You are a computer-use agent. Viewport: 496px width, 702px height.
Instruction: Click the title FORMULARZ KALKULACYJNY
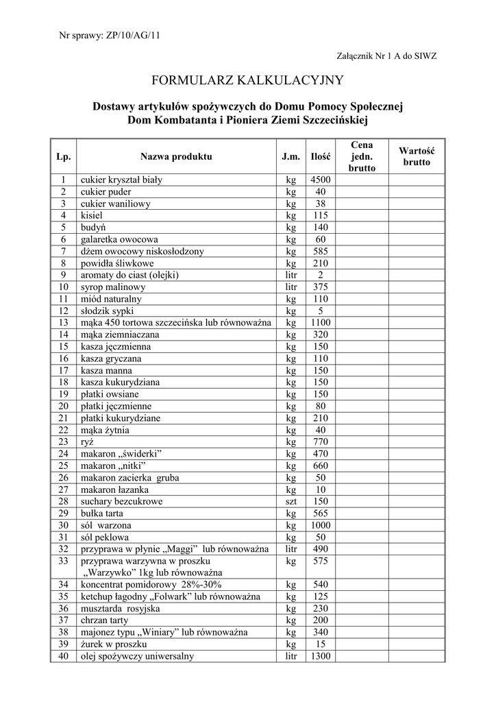pos(247,81)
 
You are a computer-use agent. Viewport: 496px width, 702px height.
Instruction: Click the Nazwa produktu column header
pos(176,156)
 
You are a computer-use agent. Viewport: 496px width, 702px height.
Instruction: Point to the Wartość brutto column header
pos(417,156)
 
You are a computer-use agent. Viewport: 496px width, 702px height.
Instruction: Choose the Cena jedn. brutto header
pos(362,156)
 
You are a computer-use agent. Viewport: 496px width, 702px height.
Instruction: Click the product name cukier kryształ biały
pos(121,180)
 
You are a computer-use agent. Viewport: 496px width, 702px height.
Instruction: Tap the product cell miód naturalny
pos(111,300)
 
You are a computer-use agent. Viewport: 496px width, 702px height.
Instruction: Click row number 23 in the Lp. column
pos(64,442)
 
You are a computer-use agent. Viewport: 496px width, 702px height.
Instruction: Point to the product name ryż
pos(88,442)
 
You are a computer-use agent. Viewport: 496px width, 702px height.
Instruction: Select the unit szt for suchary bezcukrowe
pos(291,502)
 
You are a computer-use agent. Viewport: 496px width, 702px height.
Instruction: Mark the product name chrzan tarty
pos(104,620)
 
